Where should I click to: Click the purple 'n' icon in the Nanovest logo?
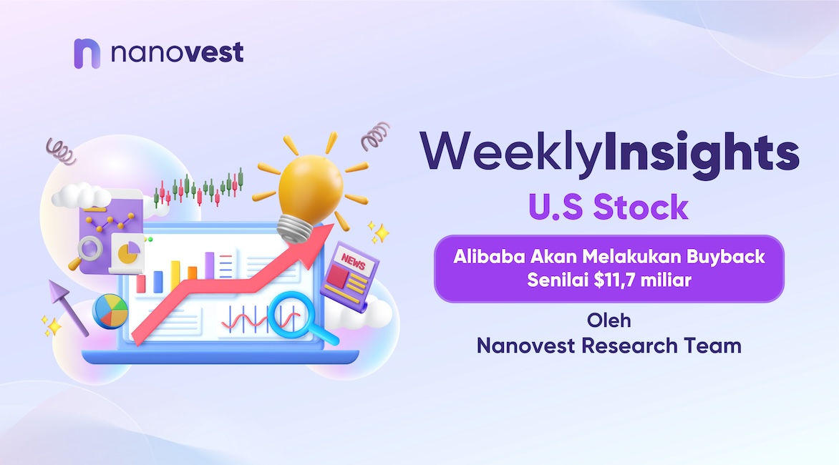tap(87, 54)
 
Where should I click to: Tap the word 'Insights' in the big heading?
tap(702, 153)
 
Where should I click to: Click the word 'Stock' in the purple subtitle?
tap(641, 207)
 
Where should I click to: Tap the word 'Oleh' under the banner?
tap(609, 320)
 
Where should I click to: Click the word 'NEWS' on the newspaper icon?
tap(353, 262)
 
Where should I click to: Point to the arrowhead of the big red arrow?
tap(315, 243)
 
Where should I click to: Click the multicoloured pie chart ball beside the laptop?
tap(110, 310)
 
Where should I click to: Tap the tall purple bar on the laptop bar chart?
tap(209, 265)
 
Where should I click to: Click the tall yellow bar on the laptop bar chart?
tap(175, 277)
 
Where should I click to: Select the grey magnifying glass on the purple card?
tap(86, 252)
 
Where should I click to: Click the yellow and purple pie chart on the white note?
tap(128, 252)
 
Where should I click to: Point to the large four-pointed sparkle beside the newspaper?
tap(381, 233)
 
